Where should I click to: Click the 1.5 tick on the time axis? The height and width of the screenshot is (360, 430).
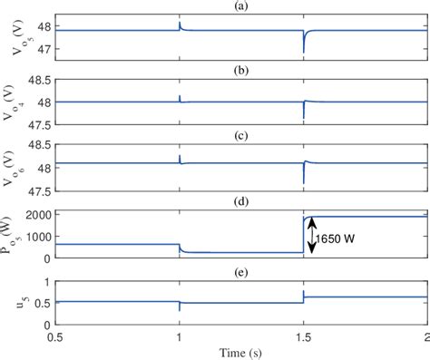303,336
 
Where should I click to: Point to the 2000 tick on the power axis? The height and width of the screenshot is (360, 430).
36,215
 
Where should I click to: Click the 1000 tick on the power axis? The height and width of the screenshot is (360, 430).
36,236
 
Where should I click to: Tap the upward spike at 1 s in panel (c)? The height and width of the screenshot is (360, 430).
180,157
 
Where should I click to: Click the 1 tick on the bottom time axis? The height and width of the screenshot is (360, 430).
180,336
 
